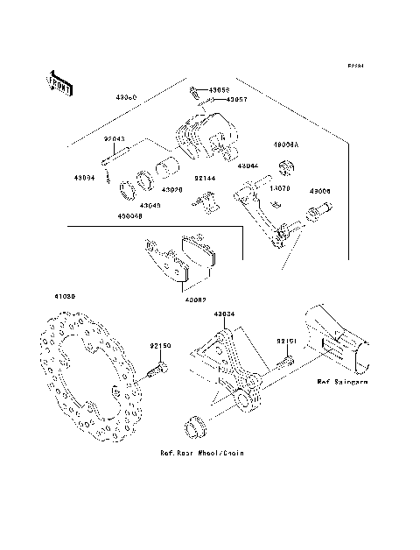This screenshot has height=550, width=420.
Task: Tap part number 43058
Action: [219, 90]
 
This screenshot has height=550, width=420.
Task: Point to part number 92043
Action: [115, 139]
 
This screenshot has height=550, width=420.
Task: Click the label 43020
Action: [171, 189]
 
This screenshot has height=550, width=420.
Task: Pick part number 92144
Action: [205, 178]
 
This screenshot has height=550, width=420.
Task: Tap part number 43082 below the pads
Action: [196, 299]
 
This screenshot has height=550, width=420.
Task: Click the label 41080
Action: [66, 297]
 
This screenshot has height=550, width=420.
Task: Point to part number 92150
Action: [159, 346]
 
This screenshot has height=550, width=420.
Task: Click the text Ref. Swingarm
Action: [342, 383]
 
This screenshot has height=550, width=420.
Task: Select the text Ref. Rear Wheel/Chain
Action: [201, 453]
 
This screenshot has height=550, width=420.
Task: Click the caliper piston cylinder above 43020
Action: [166, 169]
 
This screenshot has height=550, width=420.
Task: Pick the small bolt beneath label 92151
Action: [285, 360]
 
